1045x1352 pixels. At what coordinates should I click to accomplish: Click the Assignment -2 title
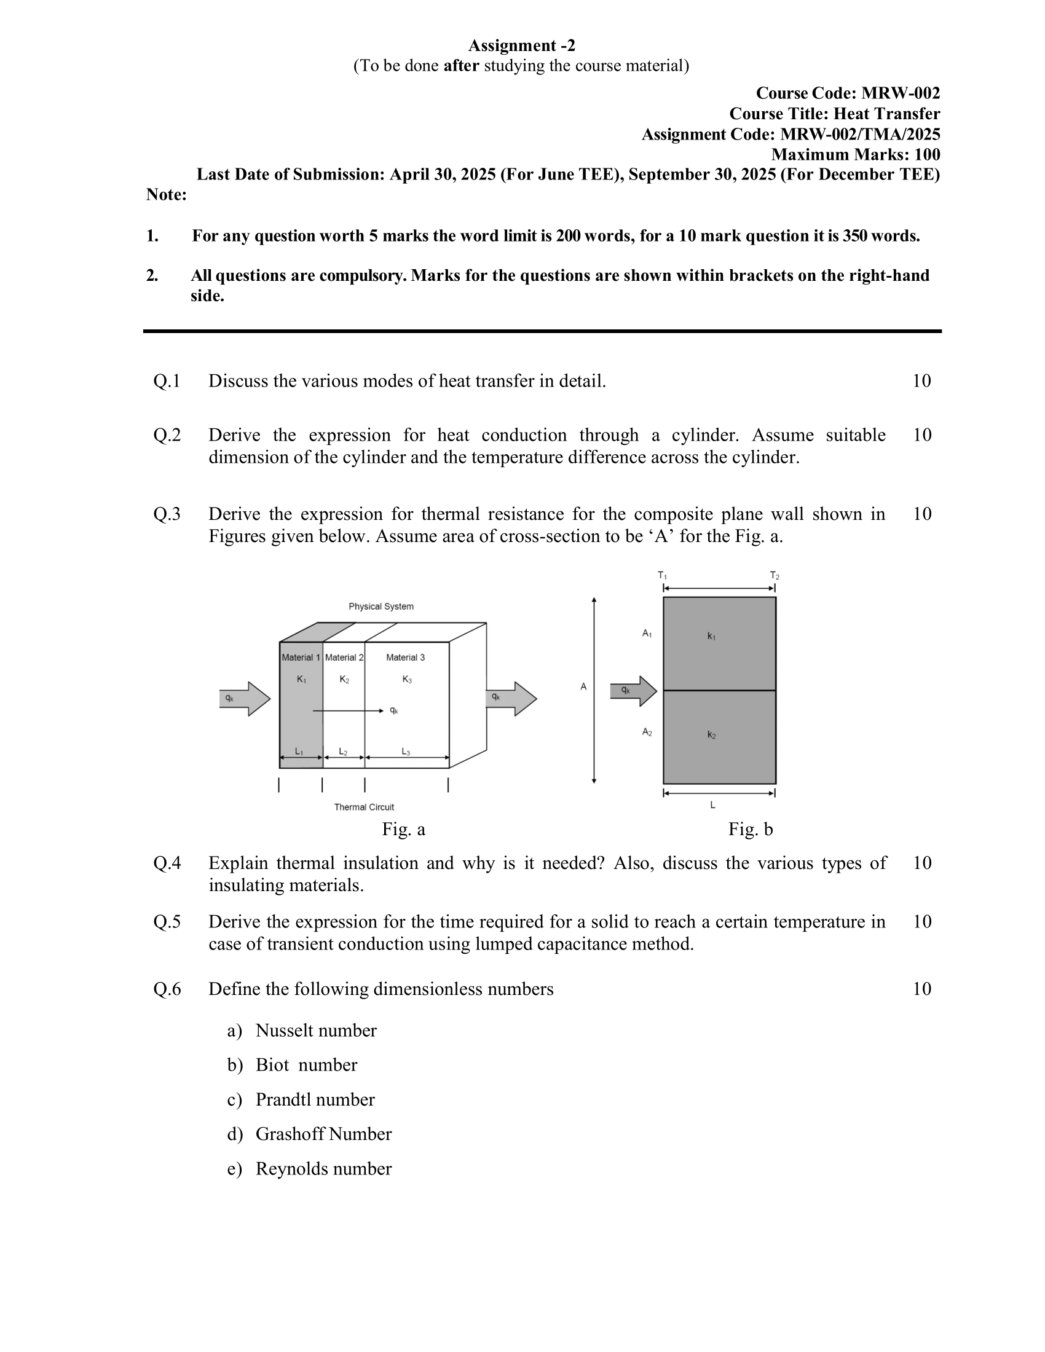[x=521, y=45]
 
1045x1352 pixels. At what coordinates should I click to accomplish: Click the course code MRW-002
[x=900, y=93]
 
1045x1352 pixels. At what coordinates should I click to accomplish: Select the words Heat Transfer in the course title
[x=886, y=114]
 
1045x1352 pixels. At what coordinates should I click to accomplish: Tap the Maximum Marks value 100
[x=927, y=154]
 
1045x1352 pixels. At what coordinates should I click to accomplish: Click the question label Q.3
[x=167, y=514]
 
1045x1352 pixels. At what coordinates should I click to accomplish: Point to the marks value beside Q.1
[x=921, y=381]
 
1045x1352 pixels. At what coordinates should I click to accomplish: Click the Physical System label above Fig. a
[x=381, y=606]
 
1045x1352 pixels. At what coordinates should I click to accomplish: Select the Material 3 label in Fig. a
[x=406, y=658]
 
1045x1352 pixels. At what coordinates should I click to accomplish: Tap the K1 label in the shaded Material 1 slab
[x=301, y=679]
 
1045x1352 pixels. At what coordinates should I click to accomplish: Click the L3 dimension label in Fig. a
[x=406, y=752]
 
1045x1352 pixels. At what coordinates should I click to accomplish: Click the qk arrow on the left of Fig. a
[x=245, y=699]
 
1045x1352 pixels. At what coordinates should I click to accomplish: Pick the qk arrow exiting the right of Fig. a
[x=511, y=699]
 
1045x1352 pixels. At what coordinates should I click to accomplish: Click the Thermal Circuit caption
[x=364, y=807]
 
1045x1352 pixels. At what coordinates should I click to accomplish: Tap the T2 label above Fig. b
[x=775, y=575]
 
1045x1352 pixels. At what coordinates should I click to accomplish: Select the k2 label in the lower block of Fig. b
[x=712, y=735]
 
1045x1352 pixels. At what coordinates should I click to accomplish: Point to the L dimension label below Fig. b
[x=712, y=805]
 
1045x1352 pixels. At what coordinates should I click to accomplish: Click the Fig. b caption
[x=751, y=829]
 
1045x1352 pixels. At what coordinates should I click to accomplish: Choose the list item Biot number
[x=307, y=1065]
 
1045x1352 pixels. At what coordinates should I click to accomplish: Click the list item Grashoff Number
[x=323, y=1133]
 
